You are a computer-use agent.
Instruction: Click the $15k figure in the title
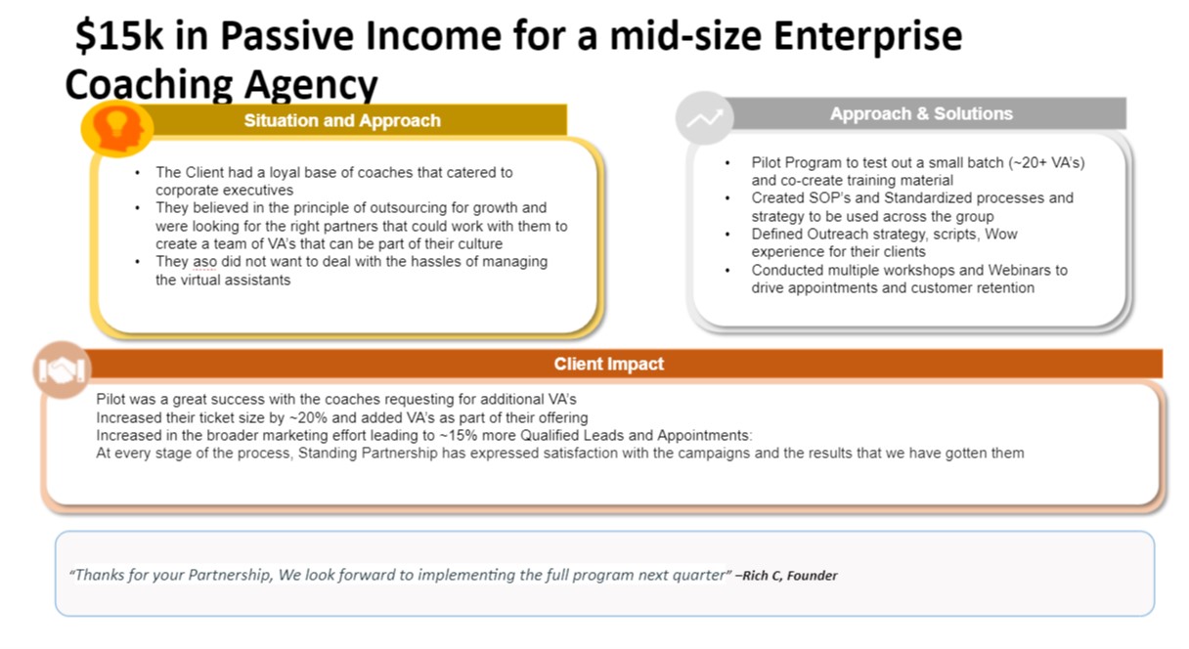click(x=119, y=35)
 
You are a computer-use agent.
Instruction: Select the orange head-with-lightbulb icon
click(x=117, y=129)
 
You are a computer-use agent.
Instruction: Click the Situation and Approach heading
click(x=342, y=120)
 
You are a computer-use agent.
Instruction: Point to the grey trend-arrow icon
click(x=705, y=118)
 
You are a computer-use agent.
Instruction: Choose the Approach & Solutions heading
click(x=921, y=113)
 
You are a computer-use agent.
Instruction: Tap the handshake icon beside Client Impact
click(x=63, y=369)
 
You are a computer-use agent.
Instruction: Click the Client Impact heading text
click(x=609, y=364)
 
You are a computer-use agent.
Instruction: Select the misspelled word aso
click(x=204, y=262)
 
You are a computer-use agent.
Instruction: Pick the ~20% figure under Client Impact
click(x=307, y=417)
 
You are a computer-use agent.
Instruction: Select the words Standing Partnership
click(x=368, y=454)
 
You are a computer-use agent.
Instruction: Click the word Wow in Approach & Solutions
click(x=1001, y=234)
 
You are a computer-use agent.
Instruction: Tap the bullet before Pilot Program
click(x=727, y=163)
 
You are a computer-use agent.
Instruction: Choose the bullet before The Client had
click(x=138, y=173)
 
